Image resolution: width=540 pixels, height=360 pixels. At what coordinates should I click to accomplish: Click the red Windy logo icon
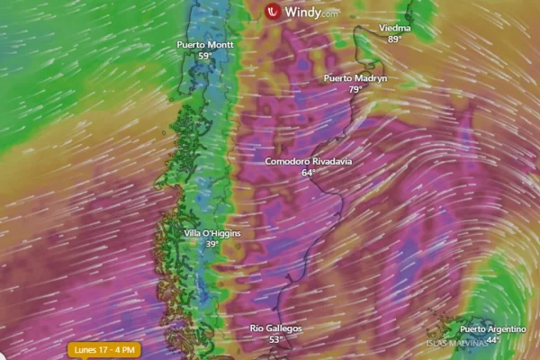click(x=272, y=12)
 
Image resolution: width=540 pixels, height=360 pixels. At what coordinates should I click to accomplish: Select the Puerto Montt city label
click(x=205, y=44)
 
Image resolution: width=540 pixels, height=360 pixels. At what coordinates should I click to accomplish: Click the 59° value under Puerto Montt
click(x=205, y=56)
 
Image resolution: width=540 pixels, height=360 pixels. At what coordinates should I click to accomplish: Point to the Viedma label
click(x=394, y=28)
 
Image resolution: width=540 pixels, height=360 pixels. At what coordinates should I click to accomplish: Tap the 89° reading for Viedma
click(x=394, y=40)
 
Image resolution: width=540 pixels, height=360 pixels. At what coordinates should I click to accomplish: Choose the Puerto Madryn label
click(x=355, y=78)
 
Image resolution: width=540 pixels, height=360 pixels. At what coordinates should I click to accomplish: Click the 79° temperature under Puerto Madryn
click(x=355, y=90)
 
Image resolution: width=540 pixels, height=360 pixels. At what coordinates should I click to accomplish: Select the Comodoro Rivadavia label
click(x=308, y=161)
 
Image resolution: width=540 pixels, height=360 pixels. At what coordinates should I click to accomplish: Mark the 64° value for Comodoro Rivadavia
click(x=308, y=173)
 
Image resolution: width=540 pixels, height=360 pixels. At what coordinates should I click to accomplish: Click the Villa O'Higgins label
click(x=212, y=233)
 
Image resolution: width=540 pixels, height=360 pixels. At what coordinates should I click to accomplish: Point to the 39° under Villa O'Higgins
click(x=212, y=245)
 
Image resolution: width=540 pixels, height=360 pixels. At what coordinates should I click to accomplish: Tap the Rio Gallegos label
click(x=275, y=328)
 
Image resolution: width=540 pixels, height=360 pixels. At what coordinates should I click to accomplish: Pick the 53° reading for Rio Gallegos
click(x=275, y=340)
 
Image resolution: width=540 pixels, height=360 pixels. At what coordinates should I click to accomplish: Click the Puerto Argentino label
click(x=492, y=329)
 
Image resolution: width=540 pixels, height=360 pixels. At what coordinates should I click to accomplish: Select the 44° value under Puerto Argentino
click(x=492, y=341)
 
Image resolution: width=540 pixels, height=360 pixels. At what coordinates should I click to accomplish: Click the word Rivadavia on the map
click(x=331, y=161)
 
